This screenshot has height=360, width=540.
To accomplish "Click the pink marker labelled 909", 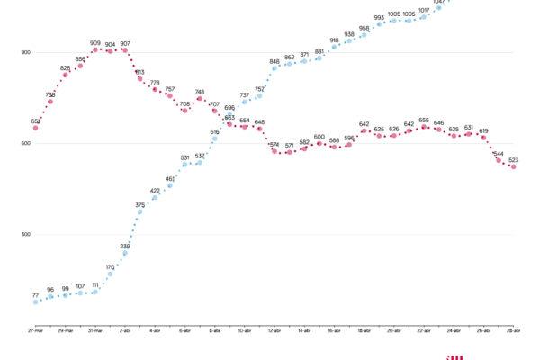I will [95, 50].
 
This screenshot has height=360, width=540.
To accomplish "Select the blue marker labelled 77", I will [36, 301].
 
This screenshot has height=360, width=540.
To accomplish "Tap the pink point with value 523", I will [513, 166].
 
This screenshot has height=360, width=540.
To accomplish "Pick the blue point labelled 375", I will [139, 211].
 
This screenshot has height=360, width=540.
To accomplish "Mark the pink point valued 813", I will [140, 79].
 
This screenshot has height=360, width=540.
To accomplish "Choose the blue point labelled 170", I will [111, 274].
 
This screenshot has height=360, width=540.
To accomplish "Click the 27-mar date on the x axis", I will [36, 331].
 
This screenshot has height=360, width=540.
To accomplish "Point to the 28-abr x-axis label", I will [513, 331].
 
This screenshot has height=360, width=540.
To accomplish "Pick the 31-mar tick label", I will [95, 331].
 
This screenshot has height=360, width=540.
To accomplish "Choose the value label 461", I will [170, 179].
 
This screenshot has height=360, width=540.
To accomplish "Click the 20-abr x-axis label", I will [394, 331].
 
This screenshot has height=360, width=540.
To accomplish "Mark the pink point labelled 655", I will [424, 127].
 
